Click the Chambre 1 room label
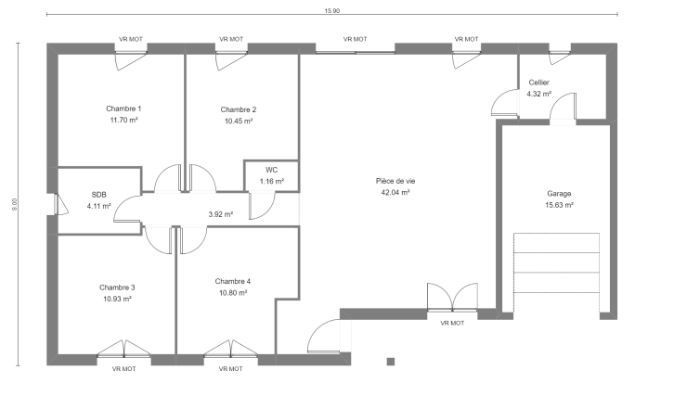[x=123, y=109]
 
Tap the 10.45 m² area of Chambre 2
[x=239, y=121]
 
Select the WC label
[x=271, y=170]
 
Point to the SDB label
[x=98, y=195]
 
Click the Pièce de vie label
[x=395, y=181]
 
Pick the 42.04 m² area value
[x=395, y=193]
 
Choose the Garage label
[x=559, y=194]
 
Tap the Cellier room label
[x=538, y=83]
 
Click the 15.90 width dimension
[x=332, y=11]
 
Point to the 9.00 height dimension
[x=14, y=204]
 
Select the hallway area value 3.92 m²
[x=221, y=214]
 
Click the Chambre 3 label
[x=117, y=288]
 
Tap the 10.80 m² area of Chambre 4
[x=233, y=293]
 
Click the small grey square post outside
[x=391, y=362]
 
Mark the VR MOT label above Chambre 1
[x=131, y=39]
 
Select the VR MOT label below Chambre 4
[x=231, y=369]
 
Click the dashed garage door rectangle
[x=556, y=262]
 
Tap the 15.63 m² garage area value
[x=559, y=205]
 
